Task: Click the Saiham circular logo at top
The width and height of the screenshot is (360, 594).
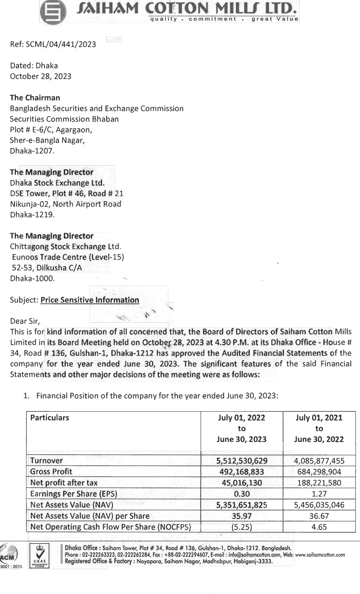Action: point(53,12)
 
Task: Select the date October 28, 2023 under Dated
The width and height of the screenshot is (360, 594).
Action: point(40,76)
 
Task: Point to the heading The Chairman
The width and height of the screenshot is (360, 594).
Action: point(35,98)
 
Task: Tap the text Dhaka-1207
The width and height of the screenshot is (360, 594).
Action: point(31,151)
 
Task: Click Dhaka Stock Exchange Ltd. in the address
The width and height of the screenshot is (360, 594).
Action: point(57,183)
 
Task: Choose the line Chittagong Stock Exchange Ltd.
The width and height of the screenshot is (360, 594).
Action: point(66,247)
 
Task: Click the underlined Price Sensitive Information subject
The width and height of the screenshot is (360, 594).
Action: point(90,300)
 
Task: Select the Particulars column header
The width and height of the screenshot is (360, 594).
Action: point(49,418)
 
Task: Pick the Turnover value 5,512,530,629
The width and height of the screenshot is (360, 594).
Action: point(242,461)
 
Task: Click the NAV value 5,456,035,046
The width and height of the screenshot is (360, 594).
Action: point(319,505)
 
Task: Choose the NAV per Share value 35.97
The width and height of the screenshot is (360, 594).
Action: point(242,516)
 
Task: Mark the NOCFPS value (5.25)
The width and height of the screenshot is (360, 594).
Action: point(242,527)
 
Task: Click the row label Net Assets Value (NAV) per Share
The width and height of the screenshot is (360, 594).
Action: point(90,516)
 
